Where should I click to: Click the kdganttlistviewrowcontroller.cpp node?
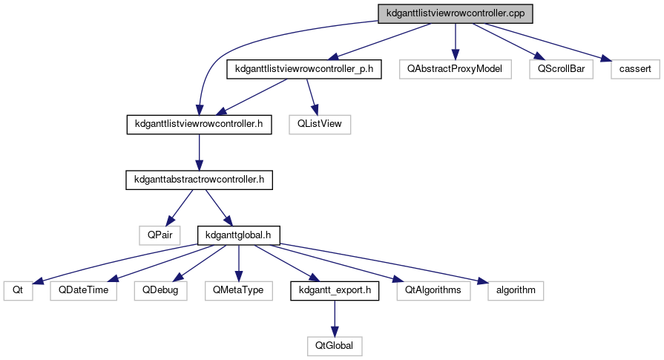click(x=456, y=13)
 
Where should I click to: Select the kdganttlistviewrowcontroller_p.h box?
click(x=303, y=69)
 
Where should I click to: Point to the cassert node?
click(x=631, y=69)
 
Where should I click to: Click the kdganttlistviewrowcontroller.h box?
click(x=199, y=124)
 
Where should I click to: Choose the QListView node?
click(x=320, y=124)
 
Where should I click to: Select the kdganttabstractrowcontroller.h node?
click(x=199, y=179)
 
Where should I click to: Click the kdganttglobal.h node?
click(x=238, y=235)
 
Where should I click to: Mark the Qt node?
click(x=19, y=289)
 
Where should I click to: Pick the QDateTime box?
click(x=84, y=289)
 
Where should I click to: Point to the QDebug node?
click(x=157, y=289)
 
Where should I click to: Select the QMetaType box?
click(x=238, y=289)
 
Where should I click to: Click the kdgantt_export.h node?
click(x=334, y=289)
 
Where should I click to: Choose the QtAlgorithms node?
click(x=433, y=289)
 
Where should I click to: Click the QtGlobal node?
click(x=334, y=344)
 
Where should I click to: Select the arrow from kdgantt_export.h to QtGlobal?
click(x=334, y=317)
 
